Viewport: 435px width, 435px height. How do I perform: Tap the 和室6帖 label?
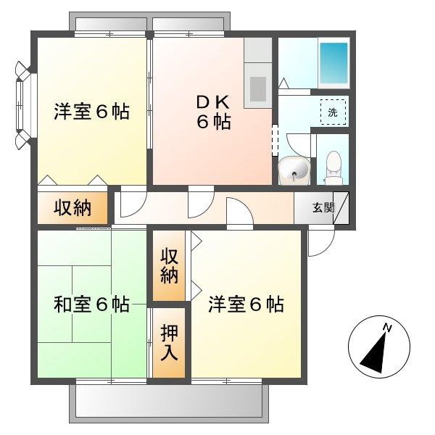[x=91, y=304]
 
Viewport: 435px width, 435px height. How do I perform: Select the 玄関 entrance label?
[x=323, y=208]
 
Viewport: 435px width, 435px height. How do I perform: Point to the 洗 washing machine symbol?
[x=333, y=112]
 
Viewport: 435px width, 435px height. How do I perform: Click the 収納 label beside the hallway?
[x=72, y=208]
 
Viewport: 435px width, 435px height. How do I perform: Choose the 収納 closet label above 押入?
[x=169, y=265]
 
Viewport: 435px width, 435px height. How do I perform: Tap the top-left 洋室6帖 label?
[x=91, y=112]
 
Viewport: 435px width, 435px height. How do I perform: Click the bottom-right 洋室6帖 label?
[x=246, y=304]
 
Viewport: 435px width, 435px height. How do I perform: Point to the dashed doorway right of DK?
[x=275, y=138]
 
